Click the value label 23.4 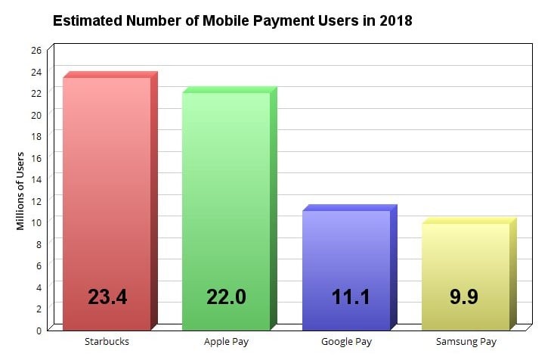click(107, 296)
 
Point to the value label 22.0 click(226, 296)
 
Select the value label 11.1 click(351, 296)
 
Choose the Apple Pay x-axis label click(227, 342)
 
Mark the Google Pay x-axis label click(346, 342)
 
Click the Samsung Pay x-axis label click(466, 342)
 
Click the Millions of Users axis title click(20, 191)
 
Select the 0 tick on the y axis click(39, 330)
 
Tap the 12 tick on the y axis click(36, 200)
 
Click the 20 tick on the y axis click(36, 114)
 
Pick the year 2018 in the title click(395, 21)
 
